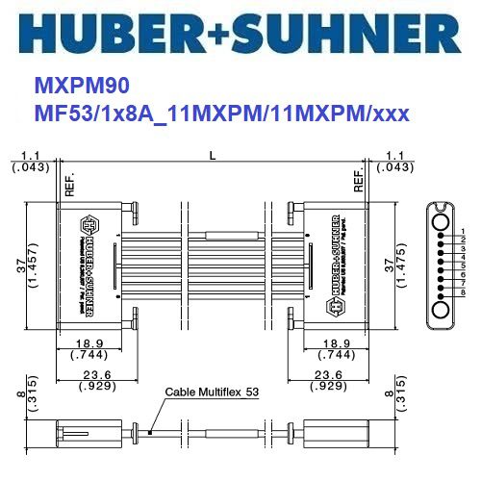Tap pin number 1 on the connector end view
point(464,231)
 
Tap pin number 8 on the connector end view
point(464,292)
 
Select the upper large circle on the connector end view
point(442,222)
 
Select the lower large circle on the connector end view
point(442,311)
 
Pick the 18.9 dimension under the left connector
point(89,343)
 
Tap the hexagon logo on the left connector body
point(91,223)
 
